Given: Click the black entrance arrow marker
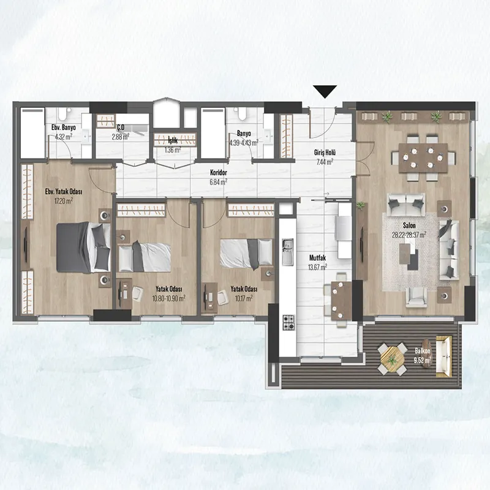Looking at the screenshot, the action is (x=325, y=91).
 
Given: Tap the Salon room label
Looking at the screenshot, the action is (x=409, y=225).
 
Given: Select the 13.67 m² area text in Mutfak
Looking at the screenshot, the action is (x=317, y=267).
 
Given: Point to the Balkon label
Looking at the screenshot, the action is (x=423, y=350).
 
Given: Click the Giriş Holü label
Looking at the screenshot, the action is (x=325, y=153).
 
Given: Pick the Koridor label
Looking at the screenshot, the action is (x=219, y=173).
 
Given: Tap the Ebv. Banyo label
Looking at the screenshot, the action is (x=64, y=127).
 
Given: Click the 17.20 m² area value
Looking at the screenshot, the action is (x=64, y=201).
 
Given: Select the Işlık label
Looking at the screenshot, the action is (x=173, y=140).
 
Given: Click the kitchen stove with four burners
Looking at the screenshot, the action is (x=288, y=323).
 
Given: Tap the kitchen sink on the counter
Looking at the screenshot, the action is (x=287, y=252).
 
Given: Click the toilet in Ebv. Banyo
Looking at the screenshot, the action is (x=64, y=114).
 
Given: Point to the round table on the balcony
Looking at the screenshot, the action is (x=392, y=359).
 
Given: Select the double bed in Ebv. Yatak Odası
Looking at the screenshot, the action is (x=83, y=247).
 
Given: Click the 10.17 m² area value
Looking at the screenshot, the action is (x=244, y=298).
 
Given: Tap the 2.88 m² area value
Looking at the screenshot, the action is (x=121, y=137).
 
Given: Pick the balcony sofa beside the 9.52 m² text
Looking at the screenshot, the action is (x=444, y=356).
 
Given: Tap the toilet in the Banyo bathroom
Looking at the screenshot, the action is (x=241, y=114).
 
